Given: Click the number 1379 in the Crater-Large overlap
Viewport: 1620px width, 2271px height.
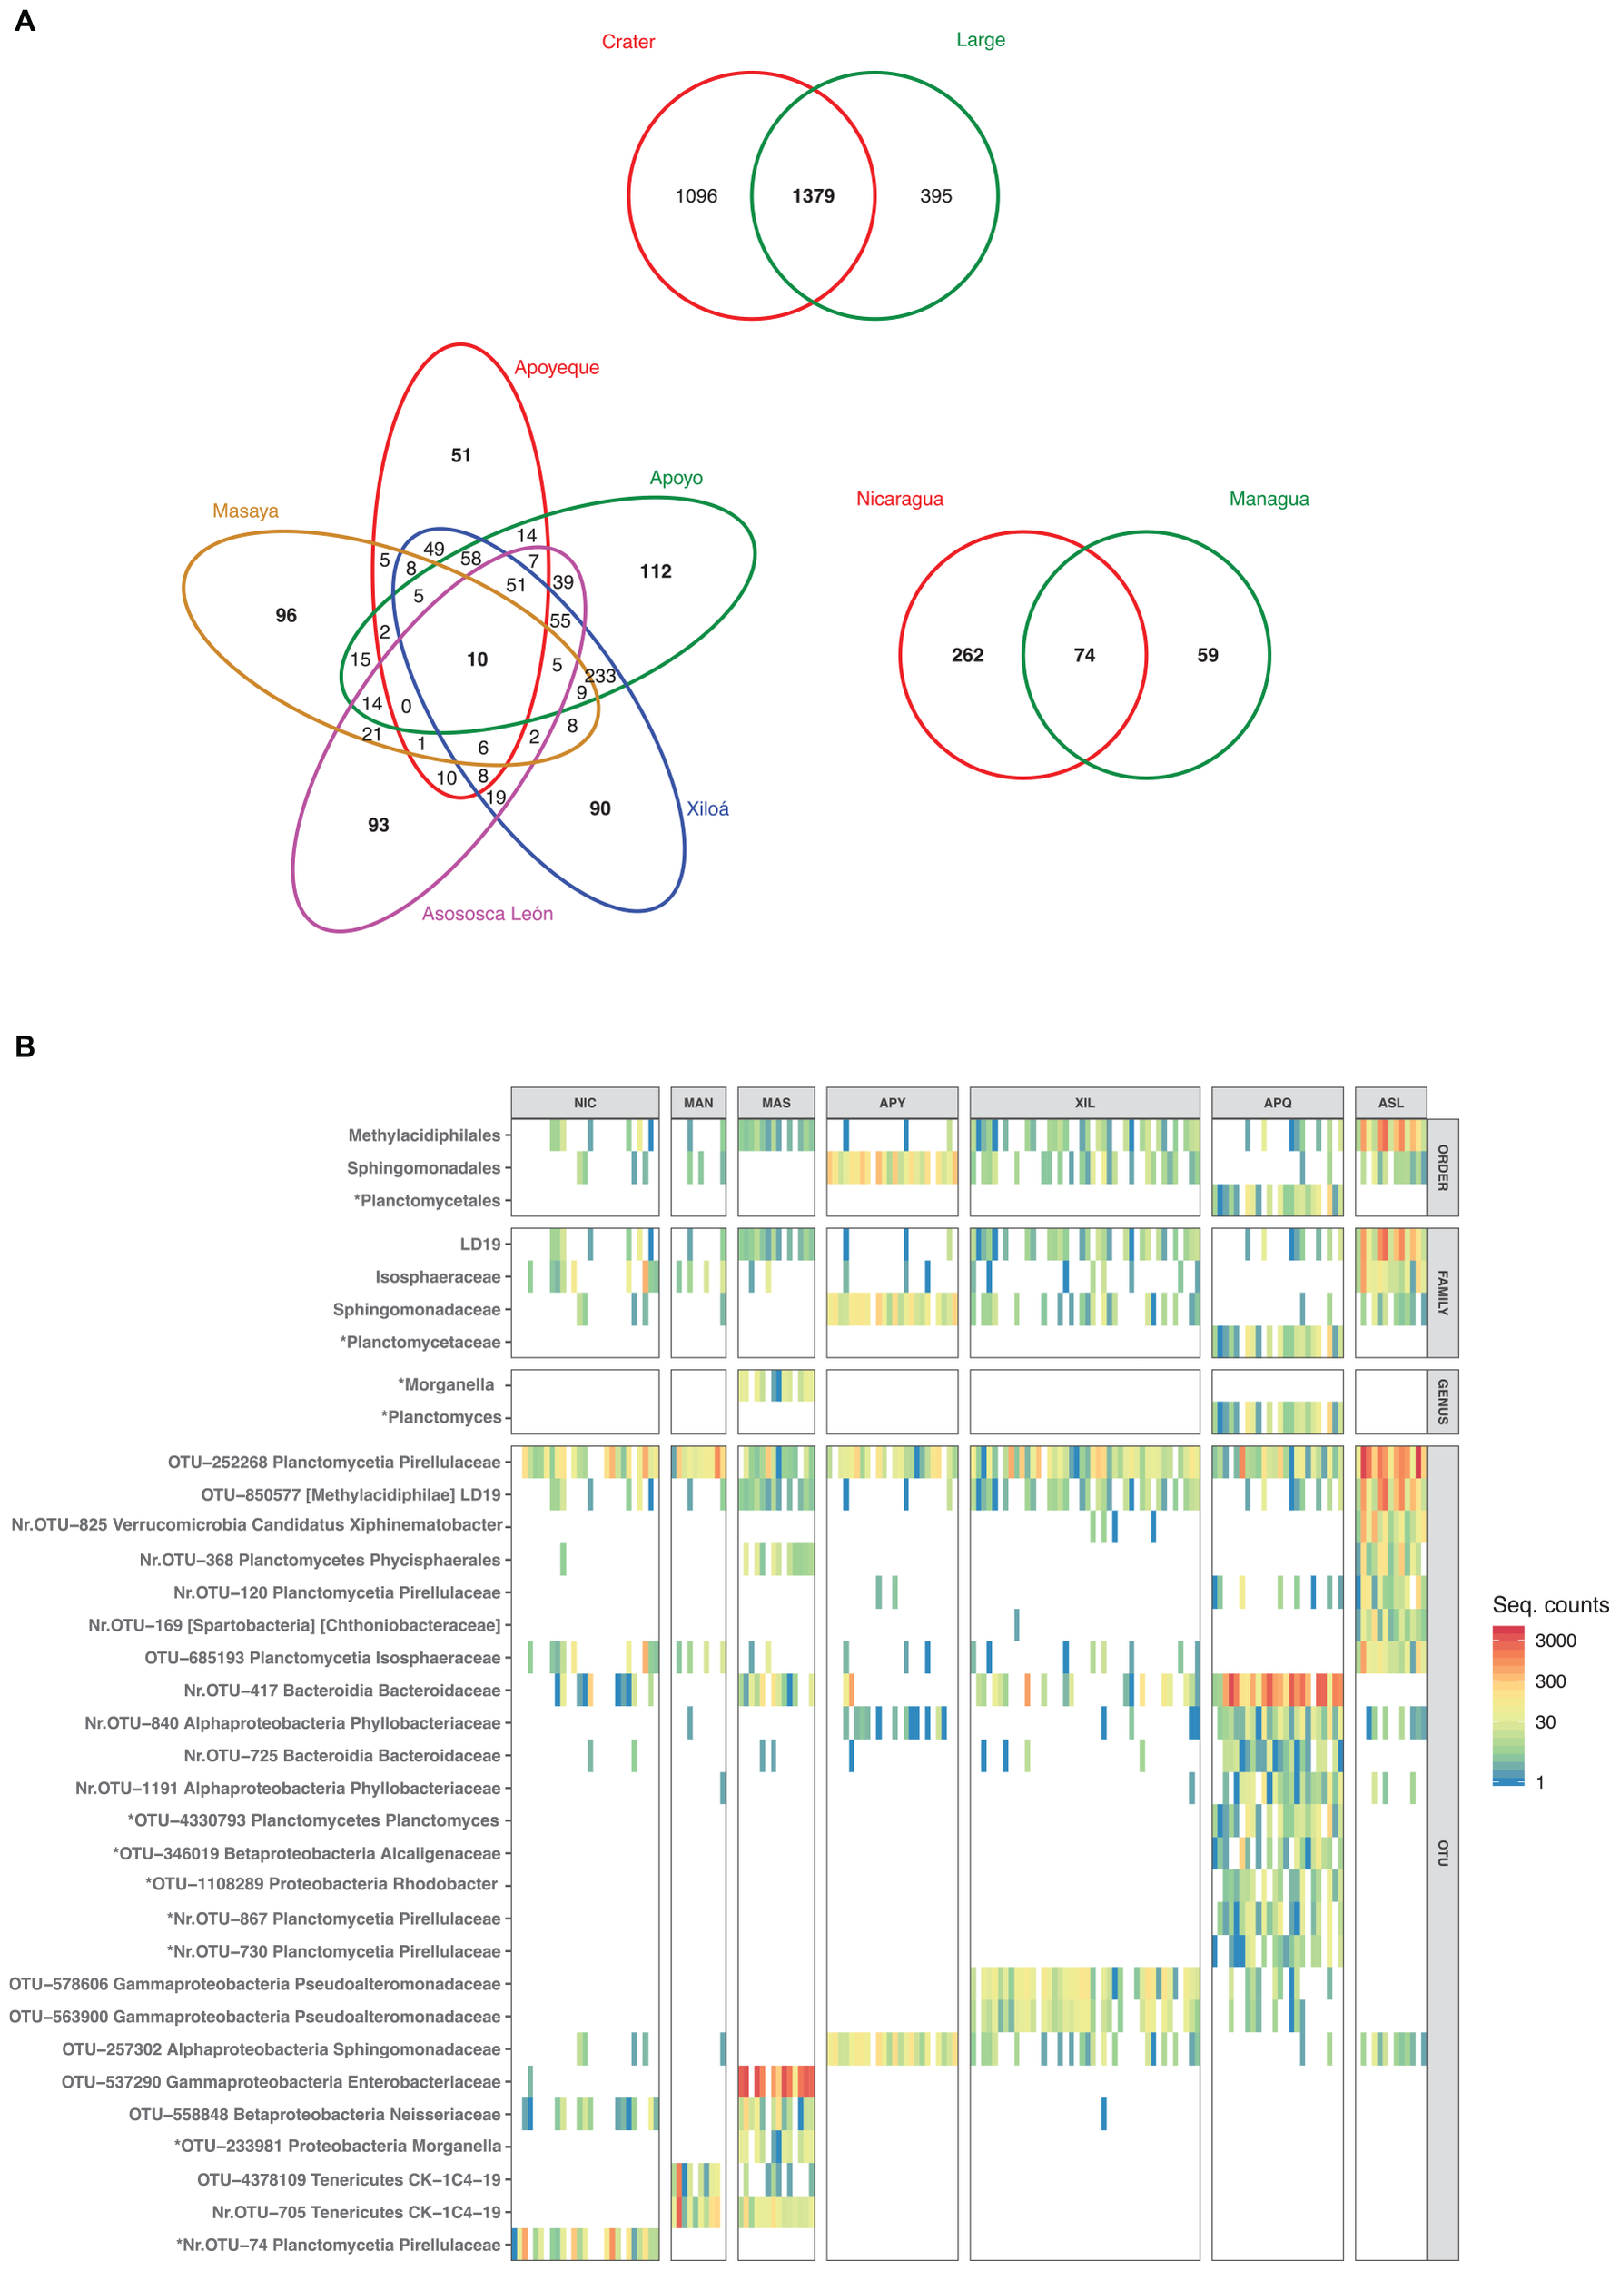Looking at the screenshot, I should (x=813, y=196).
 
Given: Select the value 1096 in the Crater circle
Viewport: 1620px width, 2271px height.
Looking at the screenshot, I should (x=696, y=196).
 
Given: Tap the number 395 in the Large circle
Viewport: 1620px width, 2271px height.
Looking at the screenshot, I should (x=935, y=196).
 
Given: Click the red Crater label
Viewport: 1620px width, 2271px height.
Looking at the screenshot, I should (x=628, y=42).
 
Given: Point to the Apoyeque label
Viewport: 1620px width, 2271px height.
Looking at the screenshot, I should (x=557, y=367).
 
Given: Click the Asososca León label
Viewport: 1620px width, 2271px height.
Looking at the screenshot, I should (x=487, y=914).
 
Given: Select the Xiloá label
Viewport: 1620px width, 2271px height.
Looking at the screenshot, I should (x=707, y=809).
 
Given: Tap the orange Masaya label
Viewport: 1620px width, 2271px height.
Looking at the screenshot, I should (x=245, y=511).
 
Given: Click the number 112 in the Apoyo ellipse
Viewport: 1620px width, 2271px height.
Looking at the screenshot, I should (x=656, y=571).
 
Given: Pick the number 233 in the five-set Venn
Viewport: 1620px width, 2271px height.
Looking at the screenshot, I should (x=600, y=676).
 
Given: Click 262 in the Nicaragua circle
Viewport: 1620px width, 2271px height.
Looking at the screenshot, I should (x=968, y=656).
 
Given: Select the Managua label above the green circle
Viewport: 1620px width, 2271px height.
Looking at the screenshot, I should (x=1269, y=499).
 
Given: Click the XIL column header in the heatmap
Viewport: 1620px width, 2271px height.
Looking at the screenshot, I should (x=1084, y=1103).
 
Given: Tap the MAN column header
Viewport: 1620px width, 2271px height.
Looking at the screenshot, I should (x=698, y=1103).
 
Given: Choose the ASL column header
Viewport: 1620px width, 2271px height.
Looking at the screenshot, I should (x=1390, y=1103).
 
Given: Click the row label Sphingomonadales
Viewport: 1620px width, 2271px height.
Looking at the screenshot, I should (x=423, y=1168).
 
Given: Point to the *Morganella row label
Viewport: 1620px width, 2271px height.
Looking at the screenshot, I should (x=446, y=1385).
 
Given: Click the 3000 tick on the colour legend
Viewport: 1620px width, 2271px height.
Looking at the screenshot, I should (x=1556, y=1641).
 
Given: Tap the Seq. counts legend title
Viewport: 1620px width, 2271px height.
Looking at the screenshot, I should (x=1549, y=1605).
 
